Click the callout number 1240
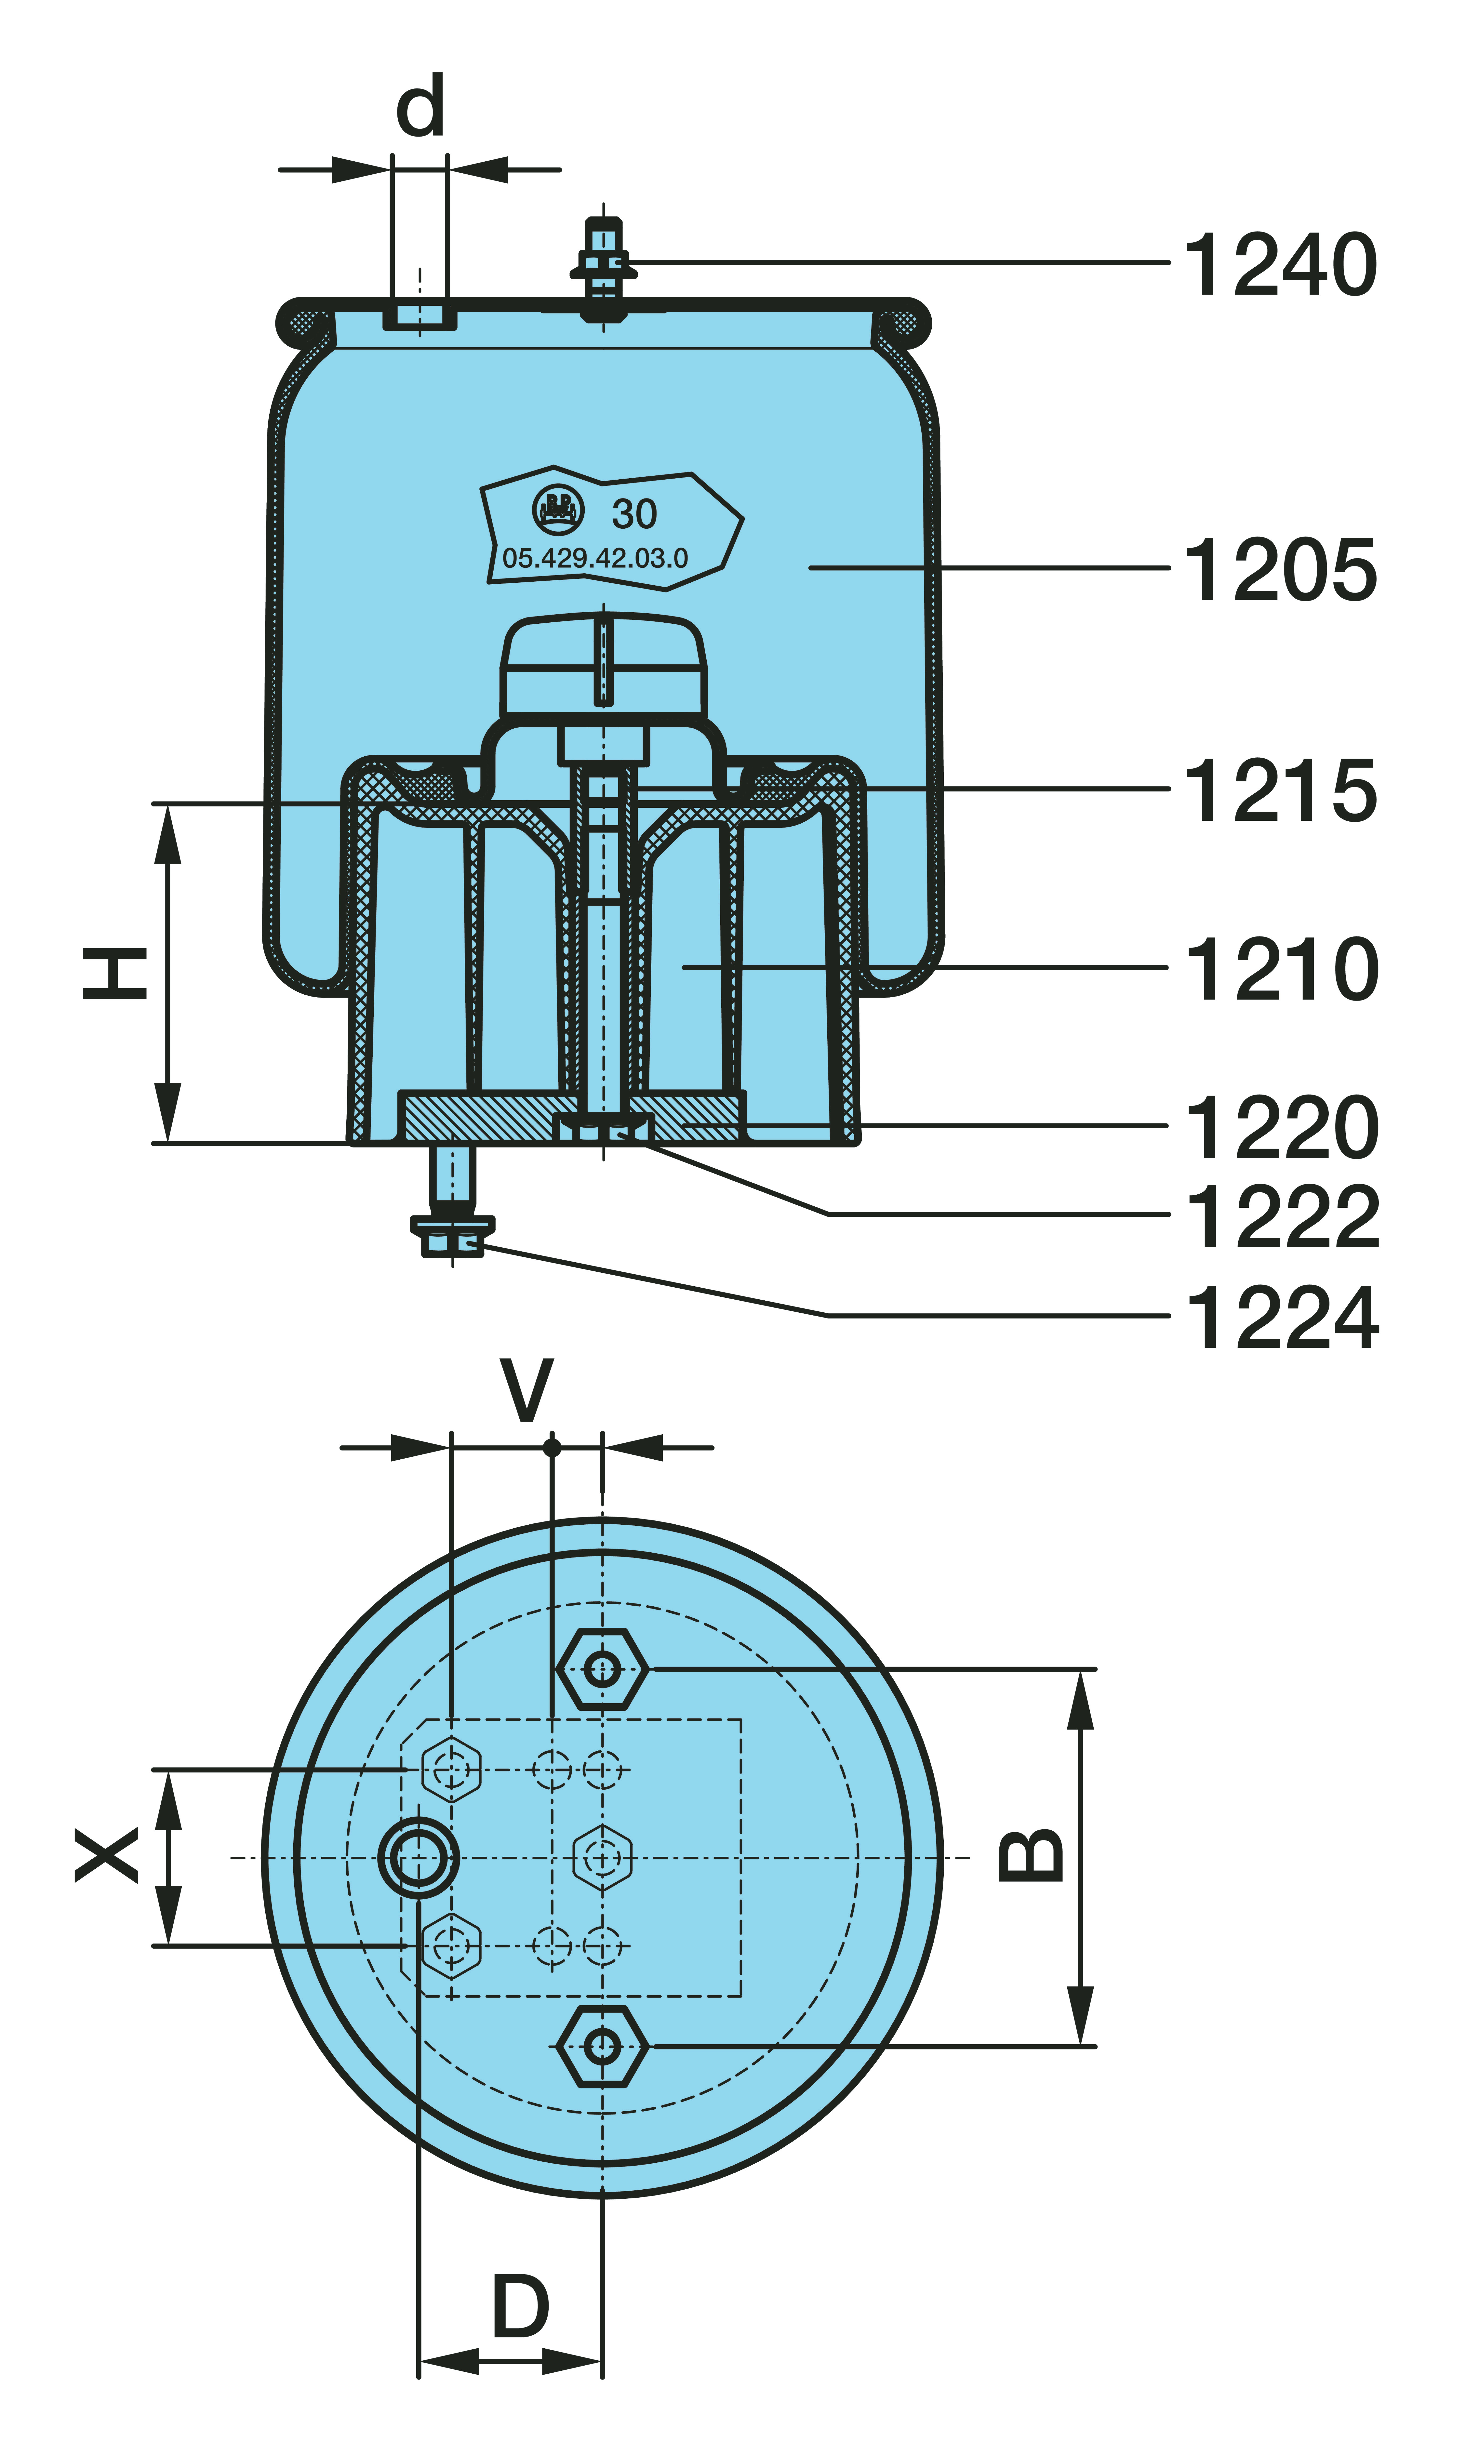click(1279, 264)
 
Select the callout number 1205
click(1279, 570)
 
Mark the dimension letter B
click(1032, 1856)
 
